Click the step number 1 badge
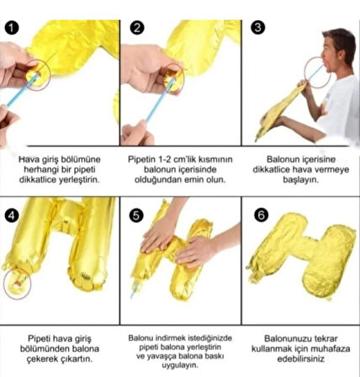tap(12, 28)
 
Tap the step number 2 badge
tap(137, 28)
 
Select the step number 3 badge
tap(257, 27)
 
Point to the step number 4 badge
tap(12, 215)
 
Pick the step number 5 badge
tap(136, 215)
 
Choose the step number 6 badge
tap(261, 215)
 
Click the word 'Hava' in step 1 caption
tap(28, 160)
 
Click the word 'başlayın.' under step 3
tap(301, 180)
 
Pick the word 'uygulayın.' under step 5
tap(180, 365)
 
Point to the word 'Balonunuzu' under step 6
tap(284, 338)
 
